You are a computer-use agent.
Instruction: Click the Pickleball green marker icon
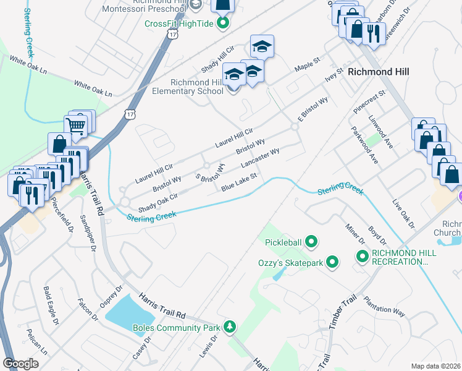pos(312,242)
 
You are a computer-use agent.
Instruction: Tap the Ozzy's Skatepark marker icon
pos(333,263)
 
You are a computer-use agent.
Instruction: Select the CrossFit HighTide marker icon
pos(223,24)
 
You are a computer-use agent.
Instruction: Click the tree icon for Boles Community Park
pos(230,326)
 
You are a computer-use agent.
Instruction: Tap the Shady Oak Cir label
pos(157,202)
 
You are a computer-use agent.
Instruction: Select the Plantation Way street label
pos(384,307)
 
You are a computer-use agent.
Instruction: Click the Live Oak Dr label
pos(405,213)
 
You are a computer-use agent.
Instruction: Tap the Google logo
pos(20,364)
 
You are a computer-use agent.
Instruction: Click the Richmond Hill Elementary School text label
pos(188,87)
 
